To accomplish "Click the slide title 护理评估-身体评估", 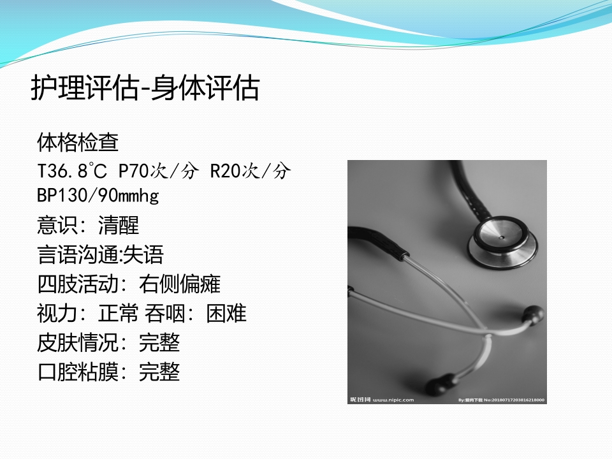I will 145,89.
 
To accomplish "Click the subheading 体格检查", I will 78,142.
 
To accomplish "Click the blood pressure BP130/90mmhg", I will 98,195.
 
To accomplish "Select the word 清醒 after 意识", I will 119,224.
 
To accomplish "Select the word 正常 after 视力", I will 119,313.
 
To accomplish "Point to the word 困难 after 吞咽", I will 226,313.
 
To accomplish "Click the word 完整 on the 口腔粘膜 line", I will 159,372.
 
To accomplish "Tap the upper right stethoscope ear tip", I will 532,314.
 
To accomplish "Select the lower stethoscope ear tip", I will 439,386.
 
